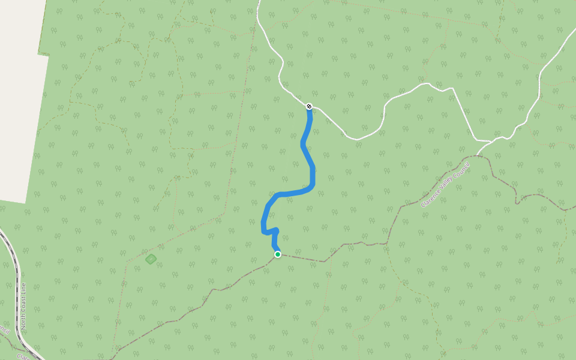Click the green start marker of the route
tap(278, 254)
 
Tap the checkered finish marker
tap(309, 106)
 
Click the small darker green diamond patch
tap(151, 259)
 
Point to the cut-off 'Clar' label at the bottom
tap(23, 356)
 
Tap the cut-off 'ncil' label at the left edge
tap(5, 330)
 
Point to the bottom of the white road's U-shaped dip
tap(358, 139)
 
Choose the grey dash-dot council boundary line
tap(360, 244)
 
